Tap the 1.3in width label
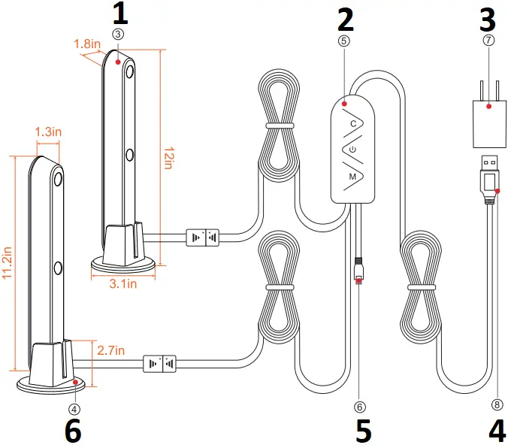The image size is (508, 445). pyautogui.click(x=48, y=132)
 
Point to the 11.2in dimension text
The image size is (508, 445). pyautogui.click(x=7, y=264)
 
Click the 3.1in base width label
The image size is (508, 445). pyautogui.click(x=124, y=284)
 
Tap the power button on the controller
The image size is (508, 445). pyautogui.click(x=352, y=150)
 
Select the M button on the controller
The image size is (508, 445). pyautogui.click(x=352, y=176)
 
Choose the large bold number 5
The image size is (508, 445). pyautogui.click(x=364, y=431)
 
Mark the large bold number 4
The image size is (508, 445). pyautogui.click(x=497, y=431)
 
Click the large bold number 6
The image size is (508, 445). pyautogui.click(x=72, y=431)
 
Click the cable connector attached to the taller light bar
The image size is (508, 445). pyautogui.click(x=201, y=238)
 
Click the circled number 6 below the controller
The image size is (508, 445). pyautogui.click(x=359, y=407)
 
